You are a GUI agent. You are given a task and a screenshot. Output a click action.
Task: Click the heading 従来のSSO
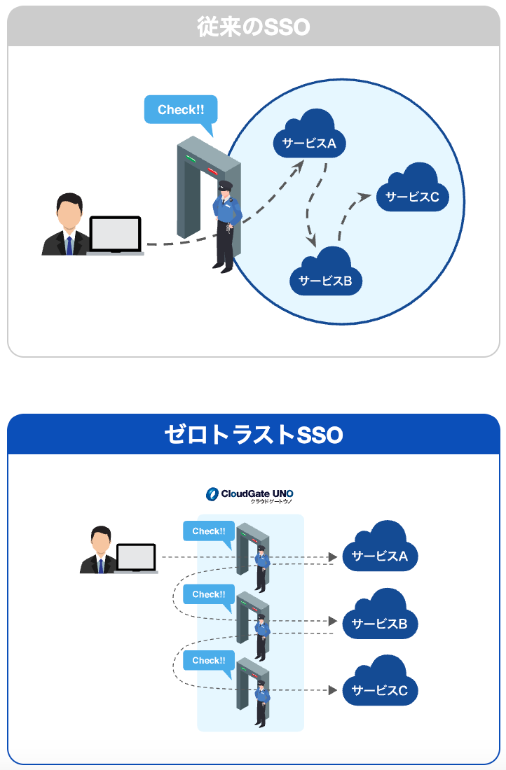(253, 27)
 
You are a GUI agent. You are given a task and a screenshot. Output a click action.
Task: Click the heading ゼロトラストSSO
(253, 435)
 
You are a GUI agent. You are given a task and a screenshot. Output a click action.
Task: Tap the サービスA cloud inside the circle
(309, 140)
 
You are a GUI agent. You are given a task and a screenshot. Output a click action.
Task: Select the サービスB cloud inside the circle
(325, 276)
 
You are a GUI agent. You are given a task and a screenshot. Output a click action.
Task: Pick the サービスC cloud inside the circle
(412, 192)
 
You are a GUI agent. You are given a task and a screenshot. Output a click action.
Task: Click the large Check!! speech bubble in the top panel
(181, 111)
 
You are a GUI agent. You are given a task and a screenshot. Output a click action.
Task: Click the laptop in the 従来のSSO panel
(116, 235)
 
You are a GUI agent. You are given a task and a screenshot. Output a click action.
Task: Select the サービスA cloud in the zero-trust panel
(380, 552)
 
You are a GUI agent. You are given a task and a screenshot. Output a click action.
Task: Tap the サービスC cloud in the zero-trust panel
(380, 687)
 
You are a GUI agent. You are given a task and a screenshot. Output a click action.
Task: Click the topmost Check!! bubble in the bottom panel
(208, 531)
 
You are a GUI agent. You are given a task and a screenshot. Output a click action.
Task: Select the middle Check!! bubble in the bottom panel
(208, 595)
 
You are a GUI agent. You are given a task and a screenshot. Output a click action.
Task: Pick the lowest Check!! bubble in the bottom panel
(208, 661)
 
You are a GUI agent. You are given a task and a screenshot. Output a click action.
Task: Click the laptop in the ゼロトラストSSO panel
(136, 559)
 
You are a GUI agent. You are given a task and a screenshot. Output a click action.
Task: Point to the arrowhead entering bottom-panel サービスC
(334, 691)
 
